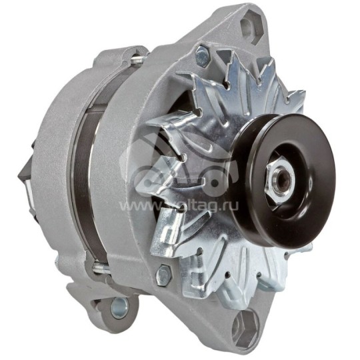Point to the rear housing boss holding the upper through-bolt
coord(133,56)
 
